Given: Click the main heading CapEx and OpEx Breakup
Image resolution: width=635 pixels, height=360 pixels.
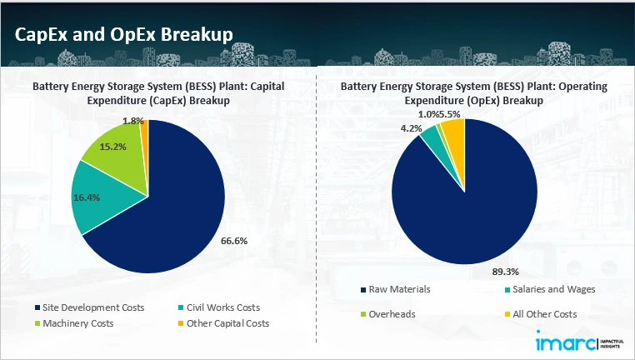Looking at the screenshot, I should [x=123, y=33].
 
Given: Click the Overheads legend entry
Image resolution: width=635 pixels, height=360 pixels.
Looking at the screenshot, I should [x=392, y=314].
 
